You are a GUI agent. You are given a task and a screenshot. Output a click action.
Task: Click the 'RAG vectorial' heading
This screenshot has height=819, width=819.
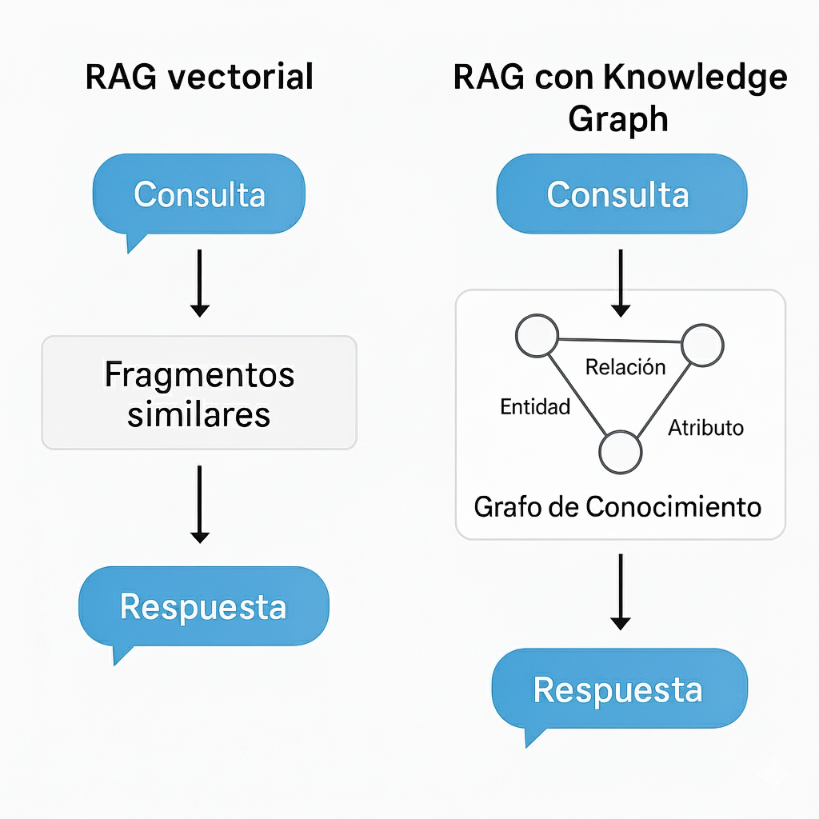coord(198,78)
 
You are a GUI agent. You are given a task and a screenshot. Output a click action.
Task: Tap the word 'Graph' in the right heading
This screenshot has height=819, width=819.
coord(617,118)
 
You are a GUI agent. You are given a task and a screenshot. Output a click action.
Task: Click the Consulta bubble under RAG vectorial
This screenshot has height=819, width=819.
coord(199,194)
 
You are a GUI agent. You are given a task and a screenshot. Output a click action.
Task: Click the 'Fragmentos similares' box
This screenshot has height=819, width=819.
coord(198,393)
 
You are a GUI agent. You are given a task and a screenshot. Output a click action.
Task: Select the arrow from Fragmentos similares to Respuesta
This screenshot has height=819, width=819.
coord(200,504)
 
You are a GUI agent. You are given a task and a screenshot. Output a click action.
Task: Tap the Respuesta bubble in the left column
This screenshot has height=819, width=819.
coord(203,607)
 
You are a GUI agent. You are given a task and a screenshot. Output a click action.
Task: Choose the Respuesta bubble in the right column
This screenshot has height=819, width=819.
coord(618,689)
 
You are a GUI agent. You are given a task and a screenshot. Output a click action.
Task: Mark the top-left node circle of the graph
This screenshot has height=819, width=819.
coord(537,336)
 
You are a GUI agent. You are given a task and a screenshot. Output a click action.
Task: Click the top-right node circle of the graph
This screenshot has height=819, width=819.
coord(702,345)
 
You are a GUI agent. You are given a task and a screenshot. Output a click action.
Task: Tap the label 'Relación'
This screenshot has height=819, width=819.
coord(625,367)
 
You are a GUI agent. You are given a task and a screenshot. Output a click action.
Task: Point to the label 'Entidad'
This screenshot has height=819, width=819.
coord(535,406)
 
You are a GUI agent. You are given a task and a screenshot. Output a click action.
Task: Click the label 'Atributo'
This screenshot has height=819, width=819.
coord(705,427)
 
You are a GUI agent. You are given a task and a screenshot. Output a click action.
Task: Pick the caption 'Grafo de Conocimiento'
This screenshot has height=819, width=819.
coord(617,506)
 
